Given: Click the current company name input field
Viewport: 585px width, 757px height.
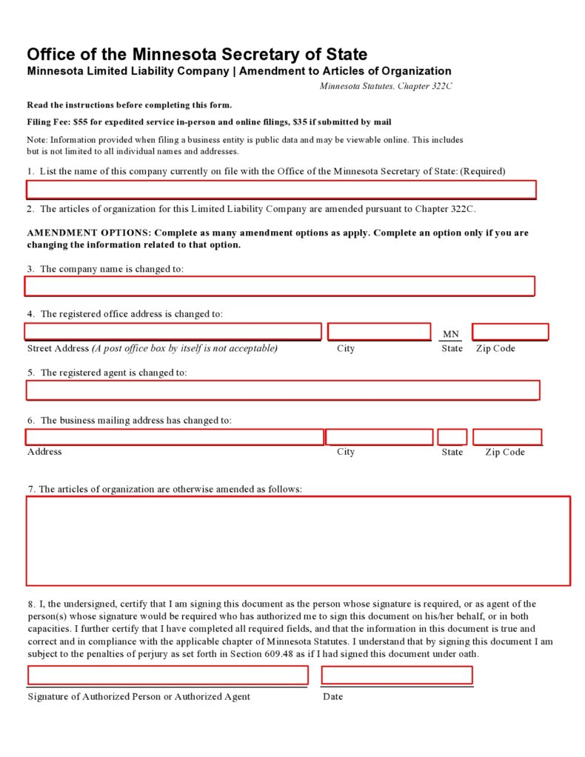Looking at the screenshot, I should point(281,190).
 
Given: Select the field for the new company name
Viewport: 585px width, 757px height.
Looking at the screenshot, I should point(279,286).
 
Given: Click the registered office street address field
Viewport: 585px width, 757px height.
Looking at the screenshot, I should point(173,332).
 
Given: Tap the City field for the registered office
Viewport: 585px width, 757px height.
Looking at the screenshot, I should point(379,332).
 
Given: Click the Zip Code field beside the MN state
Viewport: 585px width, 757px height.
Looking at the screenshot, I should point(510,332).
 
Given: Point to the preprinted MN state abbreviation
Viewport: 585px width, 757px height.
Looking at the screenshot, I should point(451,334).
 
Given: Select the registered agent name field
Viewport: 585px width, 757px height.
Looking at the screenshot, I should point(283,390).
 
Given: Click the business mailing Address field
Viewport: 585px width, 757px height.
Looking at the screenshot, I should point(174,437).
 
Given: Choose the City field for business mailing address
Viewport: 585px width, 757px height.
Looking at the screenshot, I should point(379,437).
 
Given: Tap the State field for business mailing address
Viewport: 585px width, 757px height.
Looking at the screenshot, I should point(452,437).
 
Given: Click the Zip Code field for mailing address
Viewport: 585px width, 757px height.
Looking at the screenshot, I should point(507,437).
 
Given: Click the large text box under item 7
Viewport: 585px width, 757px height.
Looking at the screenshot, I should point(298,541).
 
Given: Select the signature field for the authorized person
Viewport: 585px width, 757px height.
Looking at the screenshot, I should point(168,675).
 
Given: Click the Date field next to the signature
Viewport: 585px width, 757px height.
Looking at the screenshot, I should point(397,675).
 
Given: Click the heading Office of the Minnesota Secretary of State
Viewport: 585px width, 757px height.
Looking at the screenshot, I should point(197,54).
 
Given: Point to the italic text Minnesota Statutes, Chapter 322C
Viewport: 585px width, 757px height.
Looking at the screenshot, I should point(385,87).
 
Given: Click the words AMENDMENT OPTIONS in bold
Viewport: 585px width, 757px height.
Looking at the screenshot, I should point(89,233).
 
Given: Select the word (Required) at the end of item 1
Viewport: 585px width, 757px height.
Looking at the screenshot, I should point(483,171).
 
